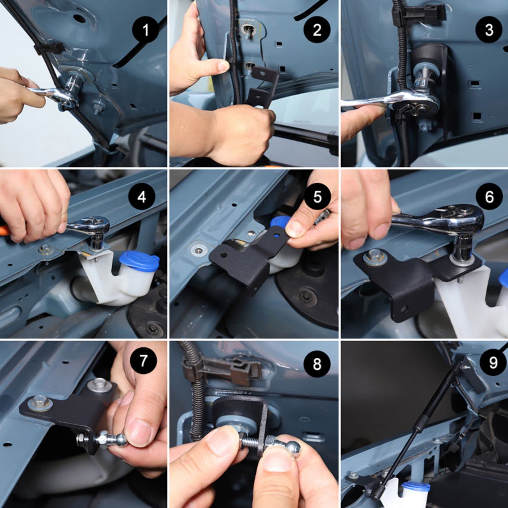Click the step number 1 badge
pyautogui.click(x=146, y=30)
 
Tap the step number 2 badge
pyautogui.click(x=317, y=30)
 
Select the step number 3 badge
pyautogui.click(x=489, y=30)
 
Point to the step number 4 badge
pyautogui.click(x=142, y=197)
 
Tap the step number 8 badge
pyautogui.click(x=317, y=364)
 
